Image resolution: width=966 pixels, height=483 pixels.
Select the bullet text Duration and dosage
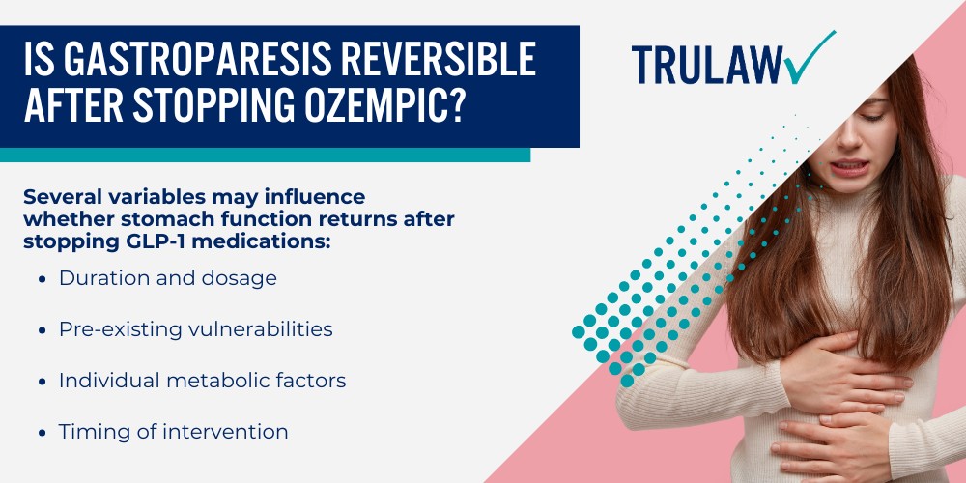click(x=168, y=278)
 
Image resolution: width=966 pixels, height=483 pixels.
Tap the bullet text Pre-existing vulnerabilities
click(x=195, y=329)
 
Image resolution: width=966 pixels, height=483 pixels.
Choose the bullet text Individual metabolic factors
click(x=202, y=381)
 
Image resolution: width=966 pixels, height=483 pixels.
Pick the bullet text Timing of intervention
click(x=174, y=432)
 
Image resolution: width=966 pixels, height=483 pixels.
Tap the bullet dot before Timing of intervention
click(x=43, y=433)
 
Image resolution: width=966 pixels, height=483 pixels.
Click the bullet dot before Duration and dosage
click(x=43, y=279)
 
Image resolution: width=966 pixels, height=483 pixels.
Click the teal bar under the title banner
click(x=265, y=155)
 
